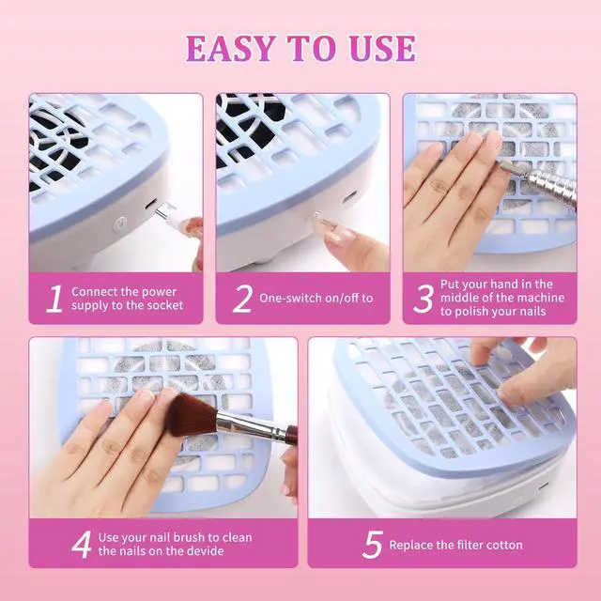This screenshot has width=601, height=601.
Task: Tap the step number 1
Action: [54, 299]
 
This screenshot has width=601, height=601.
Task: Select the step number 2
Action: [242, 299]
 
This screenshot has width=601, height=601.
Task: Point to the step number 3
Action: [424, 299]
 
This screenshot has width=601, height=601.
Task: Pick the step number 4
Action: [82, 545]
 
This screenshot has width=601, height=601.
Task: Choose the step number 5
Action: [372, 545]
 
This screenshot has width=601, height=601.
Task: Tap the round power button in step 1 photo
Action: [121, 223]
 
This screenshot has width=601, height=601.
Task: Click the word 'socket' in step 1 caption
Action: [165, 305]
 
